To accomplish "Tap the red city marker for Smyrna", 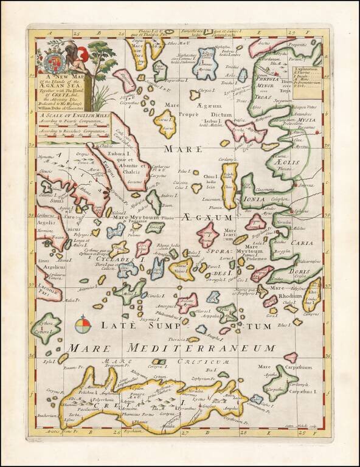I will pyautogui.click(x=295, y=183).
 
